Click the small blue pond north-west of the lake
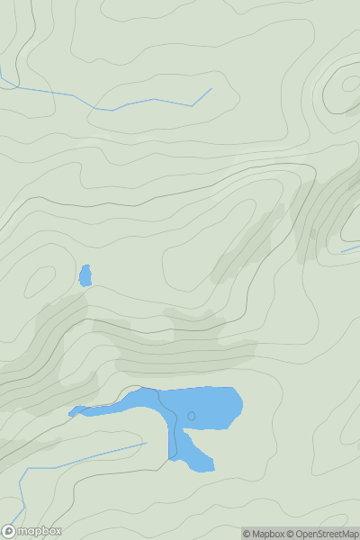point(85,275)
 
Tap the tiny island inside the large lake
point(191,415)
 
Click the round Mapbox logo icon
point(10,531)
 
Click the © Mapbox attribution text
point(267,534)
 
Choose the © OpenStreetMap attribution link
point(325,534)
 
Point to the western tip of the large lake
point(71,414)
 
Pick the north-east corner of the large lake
point(237,391)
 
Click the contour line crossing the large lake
point(171,432)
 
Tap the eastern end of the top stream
point(211,88)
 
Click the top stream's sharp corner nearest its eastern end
point(192,105)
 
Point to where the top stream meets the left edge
point(1,68)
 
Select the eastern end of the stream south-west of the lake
point(146,443)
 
